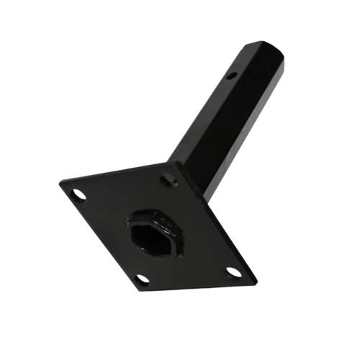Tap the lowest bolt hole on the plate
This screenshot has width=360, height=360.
click(x=143, y=279)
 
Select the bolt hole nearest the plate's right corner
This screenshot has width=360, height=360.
click(x=233, y=272)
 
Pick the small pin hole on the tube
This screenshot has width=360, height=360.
click(x=231, y=75)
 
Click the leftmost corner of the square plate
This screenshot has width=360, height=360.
click(x=60, y=181)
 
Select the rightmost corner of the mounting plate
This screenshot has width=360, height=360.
click(x=256, y=279)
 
